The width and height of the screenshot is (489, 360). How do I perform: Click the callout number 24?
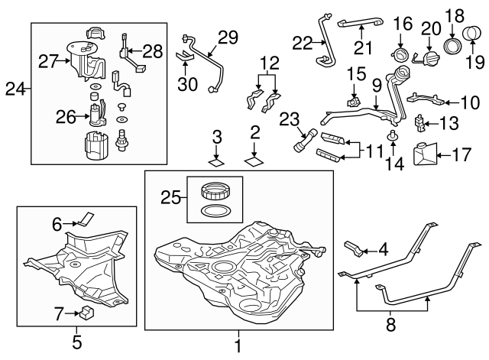click(x=13, y=89)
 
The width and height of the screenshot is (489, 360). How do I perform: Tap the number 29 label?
click(x=228, y=37)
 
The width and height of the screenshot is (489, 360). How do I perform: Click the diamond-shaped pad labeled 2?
click(x=253, y=161)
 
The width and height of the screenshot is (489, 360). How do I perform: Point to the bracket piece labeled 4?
click(x=352, y=248)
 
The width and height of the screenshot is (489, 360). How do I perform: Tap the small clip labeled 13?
click(x=419, y=122)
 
